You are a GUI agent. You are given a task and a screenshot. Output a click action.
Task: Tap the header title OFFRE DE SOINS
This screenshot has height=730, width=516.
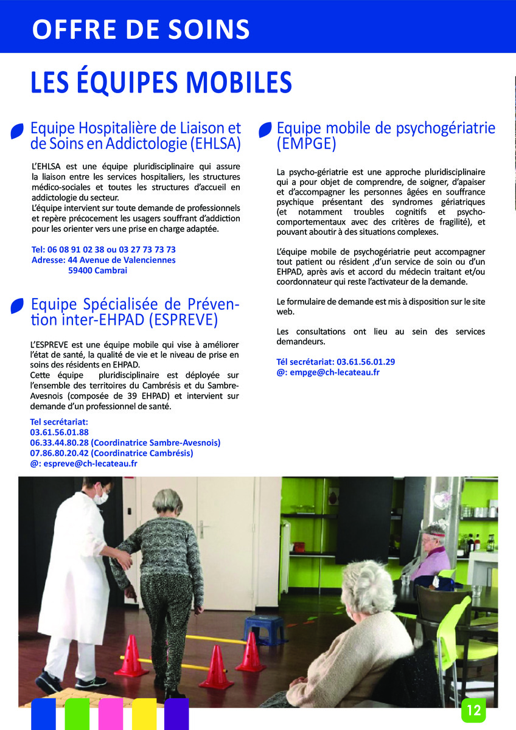(x=141, y=29)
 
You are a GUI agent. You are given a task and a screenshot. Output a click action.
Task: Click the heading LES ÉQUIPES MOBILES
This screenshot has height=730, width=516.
(x=161, y=83)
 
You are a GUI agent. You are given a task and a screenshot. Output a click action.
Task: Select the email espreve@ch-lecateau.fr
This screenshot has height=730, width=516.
(x=83, y=464)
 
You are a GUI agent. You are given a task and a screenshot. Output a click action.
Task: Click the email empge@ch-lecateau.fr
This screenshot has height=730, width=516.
(x=328, y=372)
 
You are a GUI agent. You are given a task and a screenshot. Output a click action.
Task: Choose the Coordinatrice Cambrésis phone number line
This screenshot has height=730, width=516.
(x=111, y=453)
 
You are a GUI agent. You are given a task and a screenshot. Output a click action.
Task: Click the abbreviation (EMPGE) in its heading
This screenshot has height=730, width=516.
(x=307, y=144)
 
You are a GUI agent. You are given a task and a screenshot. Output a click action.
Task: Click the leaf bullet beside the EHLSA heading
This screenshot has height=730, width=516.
(x=18, y=131)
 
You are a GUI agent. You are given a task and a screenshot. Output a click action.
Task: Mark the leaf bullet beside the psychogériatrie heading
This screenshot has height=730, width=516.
(x=265, y=129)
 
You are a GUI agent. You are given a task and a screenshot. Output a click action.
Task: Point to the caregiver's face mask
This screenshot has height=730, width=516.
(x=101, y=498)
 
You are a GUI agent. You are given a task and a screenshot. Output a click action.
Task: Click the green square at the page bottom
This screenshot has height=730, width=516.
(x=77, y=714)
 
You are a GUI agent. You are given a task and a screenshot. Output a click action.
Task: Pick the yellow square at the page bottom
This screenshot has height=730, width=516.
(x=144, y=714)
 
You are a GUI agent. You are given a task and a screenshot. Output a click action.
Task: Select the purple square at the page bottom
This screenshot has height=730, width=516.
(x=177, y=714)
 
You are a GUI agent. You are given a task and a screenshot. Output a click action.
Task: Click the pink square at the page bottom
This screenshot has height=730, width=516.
(x=111, y=714)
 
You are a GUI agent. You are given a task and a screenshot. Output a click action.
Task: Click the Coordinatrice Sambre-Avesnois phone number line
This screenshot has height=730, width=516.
(x=125, y=443)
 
